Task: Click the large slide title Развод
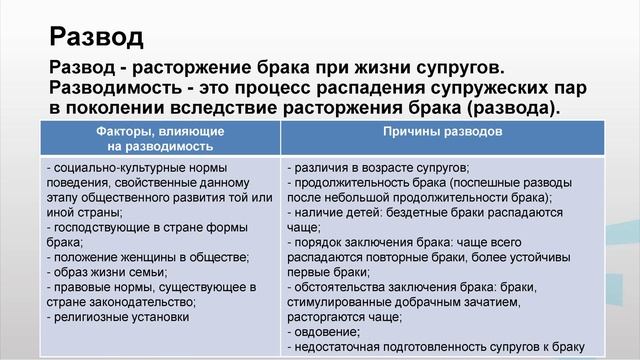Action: point(96,38)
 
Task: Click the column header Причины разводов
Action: point(442,131)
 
